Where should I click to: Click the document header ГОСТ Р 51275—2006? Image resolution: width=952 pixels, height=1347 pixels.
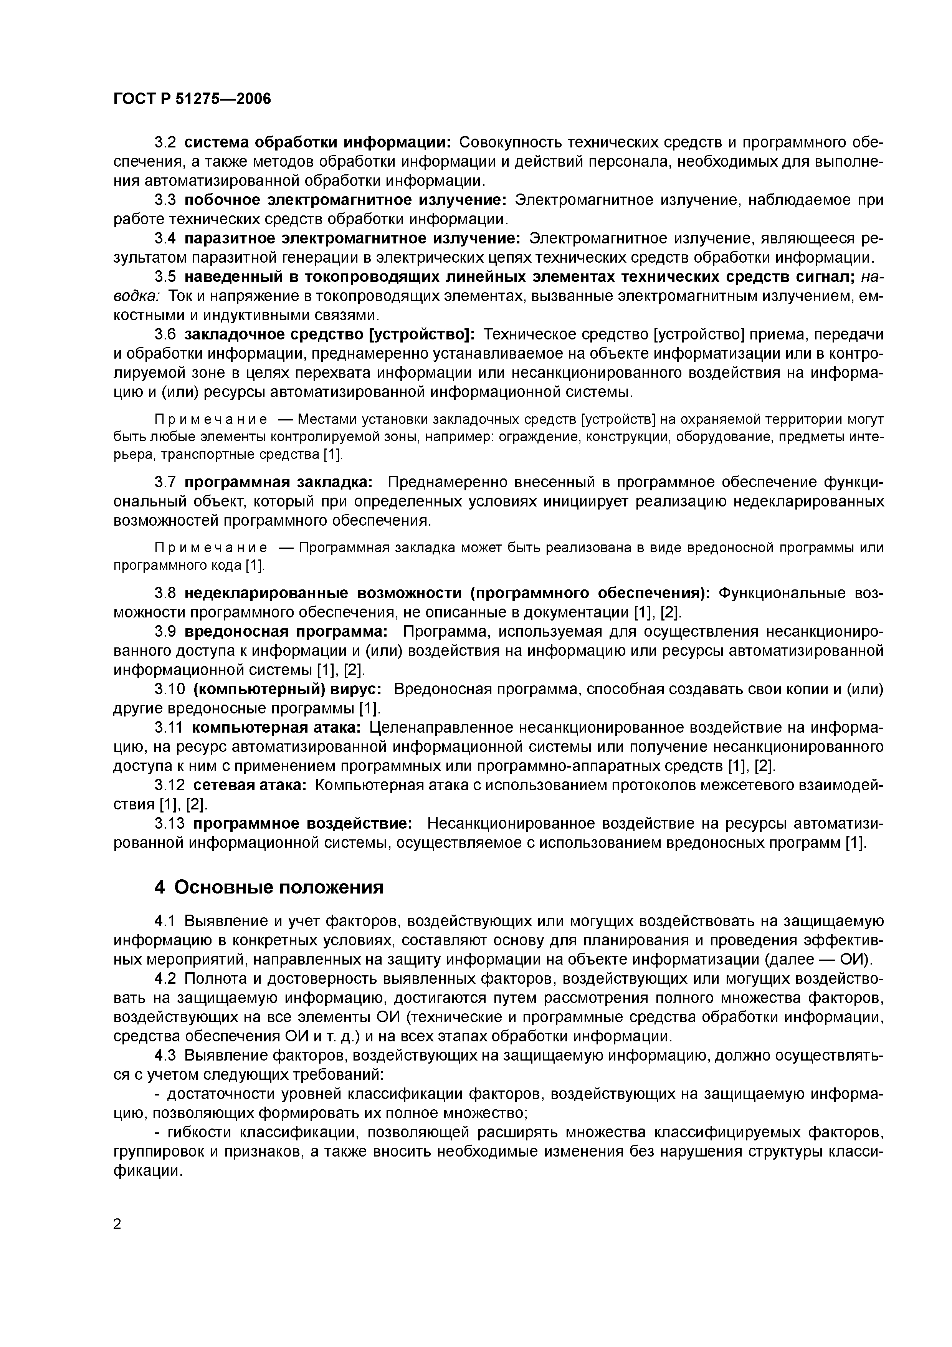click(192, 99)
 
